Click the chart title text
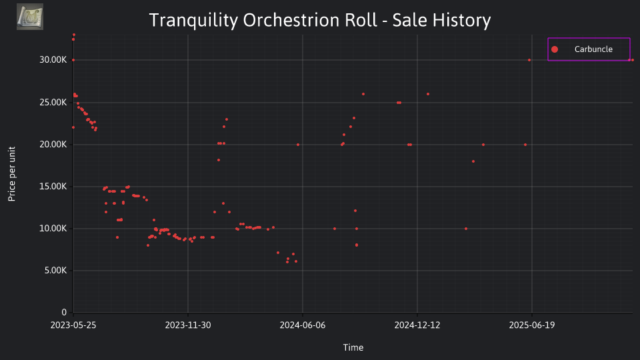click(x=319, y=20)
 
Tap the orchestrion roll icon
click(x=30, y=17)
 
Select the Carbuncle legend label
click(x=593, y=49)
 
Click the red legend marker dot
click(x=554, y=49)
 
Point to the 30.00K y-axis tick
click(x=53, y=60)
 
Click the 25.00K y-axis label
click(x=53, y=103)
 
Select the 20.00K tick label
click(x=53, y=145)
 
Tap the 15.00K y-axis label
click(x=53, y=187)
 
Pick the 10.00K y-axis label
click(x=53, y=229)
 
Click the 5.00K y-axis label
click(x=55, y=271)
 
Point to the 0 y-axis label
click(x=64, y=313)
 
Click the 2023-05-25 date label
click(x=73, y=325)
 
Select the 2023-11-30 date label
click(x=188, y=325)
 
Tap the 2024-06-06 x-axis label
click(x=303, y=325)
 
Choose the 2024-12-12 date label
click(x=417, y=325)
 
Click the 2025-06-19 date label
click(x=532, y=325)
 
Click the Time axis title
click(x=353, y=347)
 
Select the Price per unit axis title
click(x=12, y=174)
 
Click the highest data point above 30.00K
click(x=74, y=35)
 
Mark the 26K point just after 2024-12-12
click(x=428, y=94)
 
